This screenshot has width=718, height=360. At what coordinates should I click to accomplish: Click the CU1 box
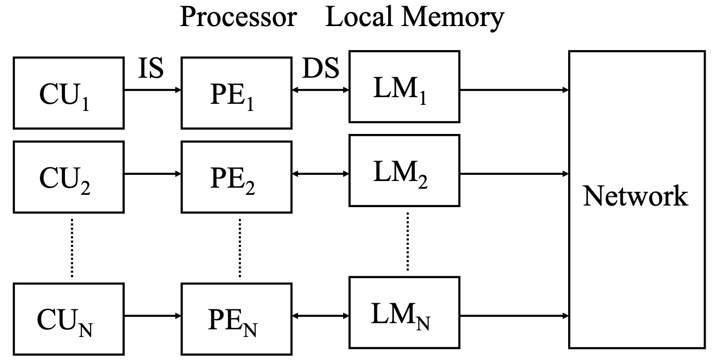69,93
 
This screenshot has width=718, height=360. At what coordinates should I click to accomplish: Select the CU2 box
69,176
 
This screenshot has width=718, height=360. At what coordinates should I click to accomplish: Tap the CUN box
69,319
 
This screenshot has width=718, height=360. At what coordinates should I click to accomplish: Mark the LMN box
404,313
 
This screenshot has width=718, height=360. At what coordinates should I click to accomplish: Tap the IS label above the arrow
151,69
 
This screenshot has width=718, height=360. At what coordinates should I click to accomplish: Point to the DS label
321,69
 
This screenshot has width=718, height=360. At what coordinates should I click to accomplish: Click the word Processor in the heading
238,17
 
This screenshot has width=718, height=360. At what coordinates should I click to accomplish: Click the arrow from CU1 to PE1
152,91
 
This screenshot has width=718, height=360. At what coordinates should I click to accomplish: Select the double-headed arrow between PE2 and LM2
320,174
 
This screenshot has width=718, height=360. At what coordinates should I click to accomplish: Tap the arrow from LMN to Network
514,315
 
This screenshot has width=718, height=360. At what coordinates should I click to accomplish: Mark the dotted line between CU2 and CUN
72,248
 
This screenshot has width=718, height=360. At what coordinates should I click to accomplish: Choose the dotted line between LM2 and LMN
408,240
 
